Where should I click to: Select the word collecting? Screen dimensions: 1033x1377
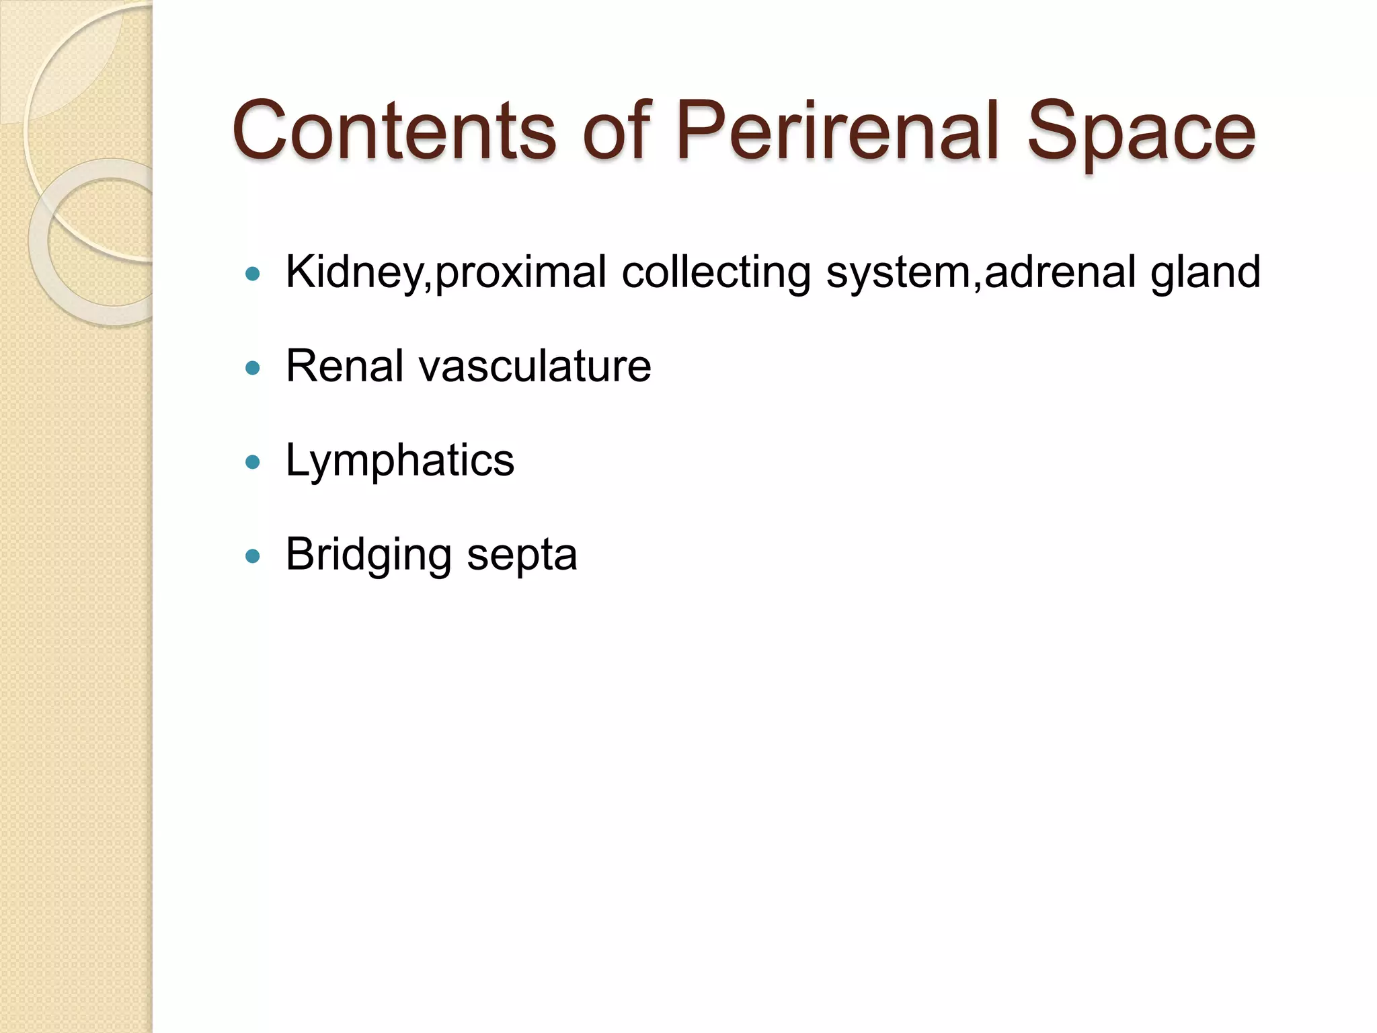715,273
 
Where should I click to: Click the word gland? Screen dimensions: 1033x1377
1205,273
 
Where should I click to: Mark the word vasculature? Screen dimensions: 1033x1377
535,367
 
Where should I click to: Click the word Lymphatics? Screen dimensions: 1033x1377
399,461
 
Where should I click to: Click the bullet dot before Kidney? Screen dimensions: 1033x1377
253,274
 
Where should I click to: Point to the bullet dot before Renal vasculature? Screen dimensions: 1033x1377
253,368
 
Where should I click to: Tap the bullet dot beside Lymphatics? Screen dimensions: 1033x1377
253,462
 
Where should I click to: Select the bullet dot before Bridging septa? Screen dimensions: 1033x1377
253,556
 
